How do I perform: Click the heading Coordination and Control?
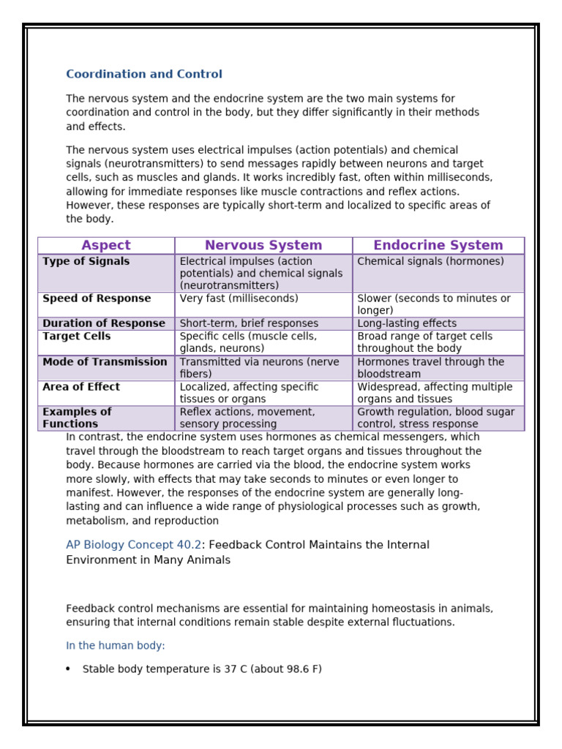pyautogui.click(x=144, y=74)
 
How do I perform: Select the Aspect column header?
pyautogui.click(x=106, y=246)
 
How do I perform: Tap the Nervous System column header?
pyautogui.click(x=263, y=246)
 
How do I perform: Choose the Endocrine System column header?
pyautogui.click(x=438, y=246)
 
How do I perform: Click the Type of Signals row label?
pyautogui.click(x=86, y=262)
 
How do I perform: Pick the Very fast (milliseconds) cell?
pyautogui.click(x=239, y=298)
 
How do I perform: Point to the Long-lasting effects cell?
pyautogui.click(x=407, y=323)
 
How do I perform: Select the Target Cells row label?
pyautogui.click(x=77, y=336)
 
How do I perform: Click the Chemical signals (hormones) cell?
pyautogui.click(x=430, y=262)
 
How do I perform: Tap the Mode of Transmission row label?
pyautogui.click(x=105, y=362)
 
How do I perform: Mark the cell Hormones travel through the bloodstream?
pyautogui.click(x=430, y=368)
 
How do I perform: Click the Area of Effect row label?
pyautogui.click(x=81, y=387)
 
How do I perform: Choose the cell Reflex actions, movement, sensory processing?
pyautogui.click(x=247, y=418)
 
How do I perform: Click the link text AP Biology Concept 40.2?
pyautogui.click(x=133, y=545)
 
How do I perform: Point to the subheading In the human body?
pyautogui.click(x=116, y=646)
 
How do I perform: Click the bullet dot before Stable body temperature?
pyautogui.click(x=68, y=669)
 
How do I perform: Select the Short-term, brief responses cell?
pyautogui.click(x=249, y=323)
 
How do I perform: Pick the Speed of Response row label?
pyautogui.click(x=97, y=298)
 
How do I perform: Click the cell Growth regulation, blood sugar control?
pyautogui.click(x=435, y=418)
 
